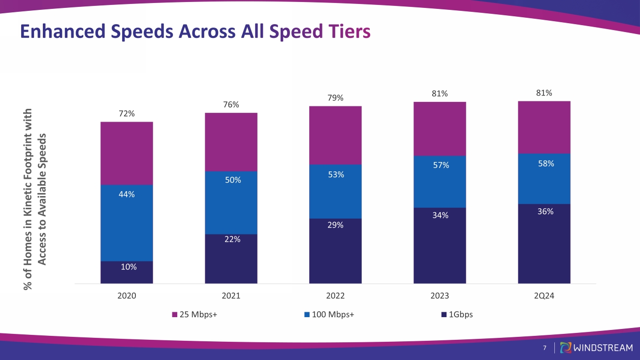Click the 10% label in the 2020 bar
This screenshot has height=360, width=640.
pyautogui.click(x=127, y=267)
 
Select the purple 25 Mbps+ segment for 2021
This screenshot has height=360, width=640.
pyautogui.click(x=231, y=142)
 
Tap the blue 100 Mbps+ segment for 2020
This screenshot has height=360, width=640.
pyautogui.click(x=127, y=223)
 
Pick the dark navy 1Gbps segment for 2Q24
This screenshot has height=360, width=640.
pyautogui.click(x=544, y=244)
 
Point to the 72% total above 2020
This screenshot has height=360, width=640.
pyautogui.click(x=127, y=114)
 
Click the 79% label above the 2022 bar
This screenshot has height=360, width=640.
pyautogui.click(x=335, y=98)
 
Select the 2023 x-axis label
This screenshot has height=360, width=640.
pyautogui.click(x=440, y=296)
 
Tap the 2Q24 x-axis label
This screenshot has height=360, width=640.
pyautogui.click(x=544, y=296)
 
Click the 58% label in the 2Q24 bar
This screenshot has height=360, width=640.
pyautogui.click(x=546, y=164)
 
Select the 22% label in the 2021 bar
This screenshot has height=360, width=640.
pyautogui.click(x=233, y=239)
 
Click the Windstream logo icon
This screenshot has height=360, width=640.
pyautogui.click(x=566, y=348)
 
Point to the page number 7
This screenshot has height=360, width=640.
pyautogui.click(x=544, y=348)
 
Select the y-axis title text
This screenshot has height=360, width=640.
pyautogui.click(x=36, y=199)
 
